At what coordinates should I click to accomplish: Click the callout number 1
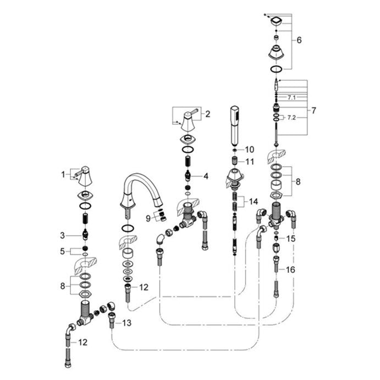tap(63, 175)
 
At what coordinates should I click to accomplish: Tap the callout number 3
tap(63, 235)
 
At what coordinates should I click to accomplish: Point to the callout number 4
tap(206, 177)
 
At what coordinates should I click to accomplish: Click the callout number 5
tap(63, 251)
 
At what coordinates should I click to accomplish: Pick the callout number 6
tap(299, 40)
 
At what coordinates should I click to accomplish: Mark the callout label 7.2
tap(292, 118)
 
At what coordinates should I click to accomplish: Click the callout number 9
tap(147, 218)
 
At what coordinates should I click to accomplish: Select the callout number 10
tap(250, 149)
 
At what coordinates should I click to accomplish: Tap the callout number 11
tap(250, 161)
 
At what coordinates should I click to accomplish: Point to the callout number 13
tap(127, 323)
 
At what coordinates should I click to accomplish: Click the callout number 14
tap(254, 202)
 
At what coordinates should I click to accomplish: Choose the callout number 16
tap(291, 269)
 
